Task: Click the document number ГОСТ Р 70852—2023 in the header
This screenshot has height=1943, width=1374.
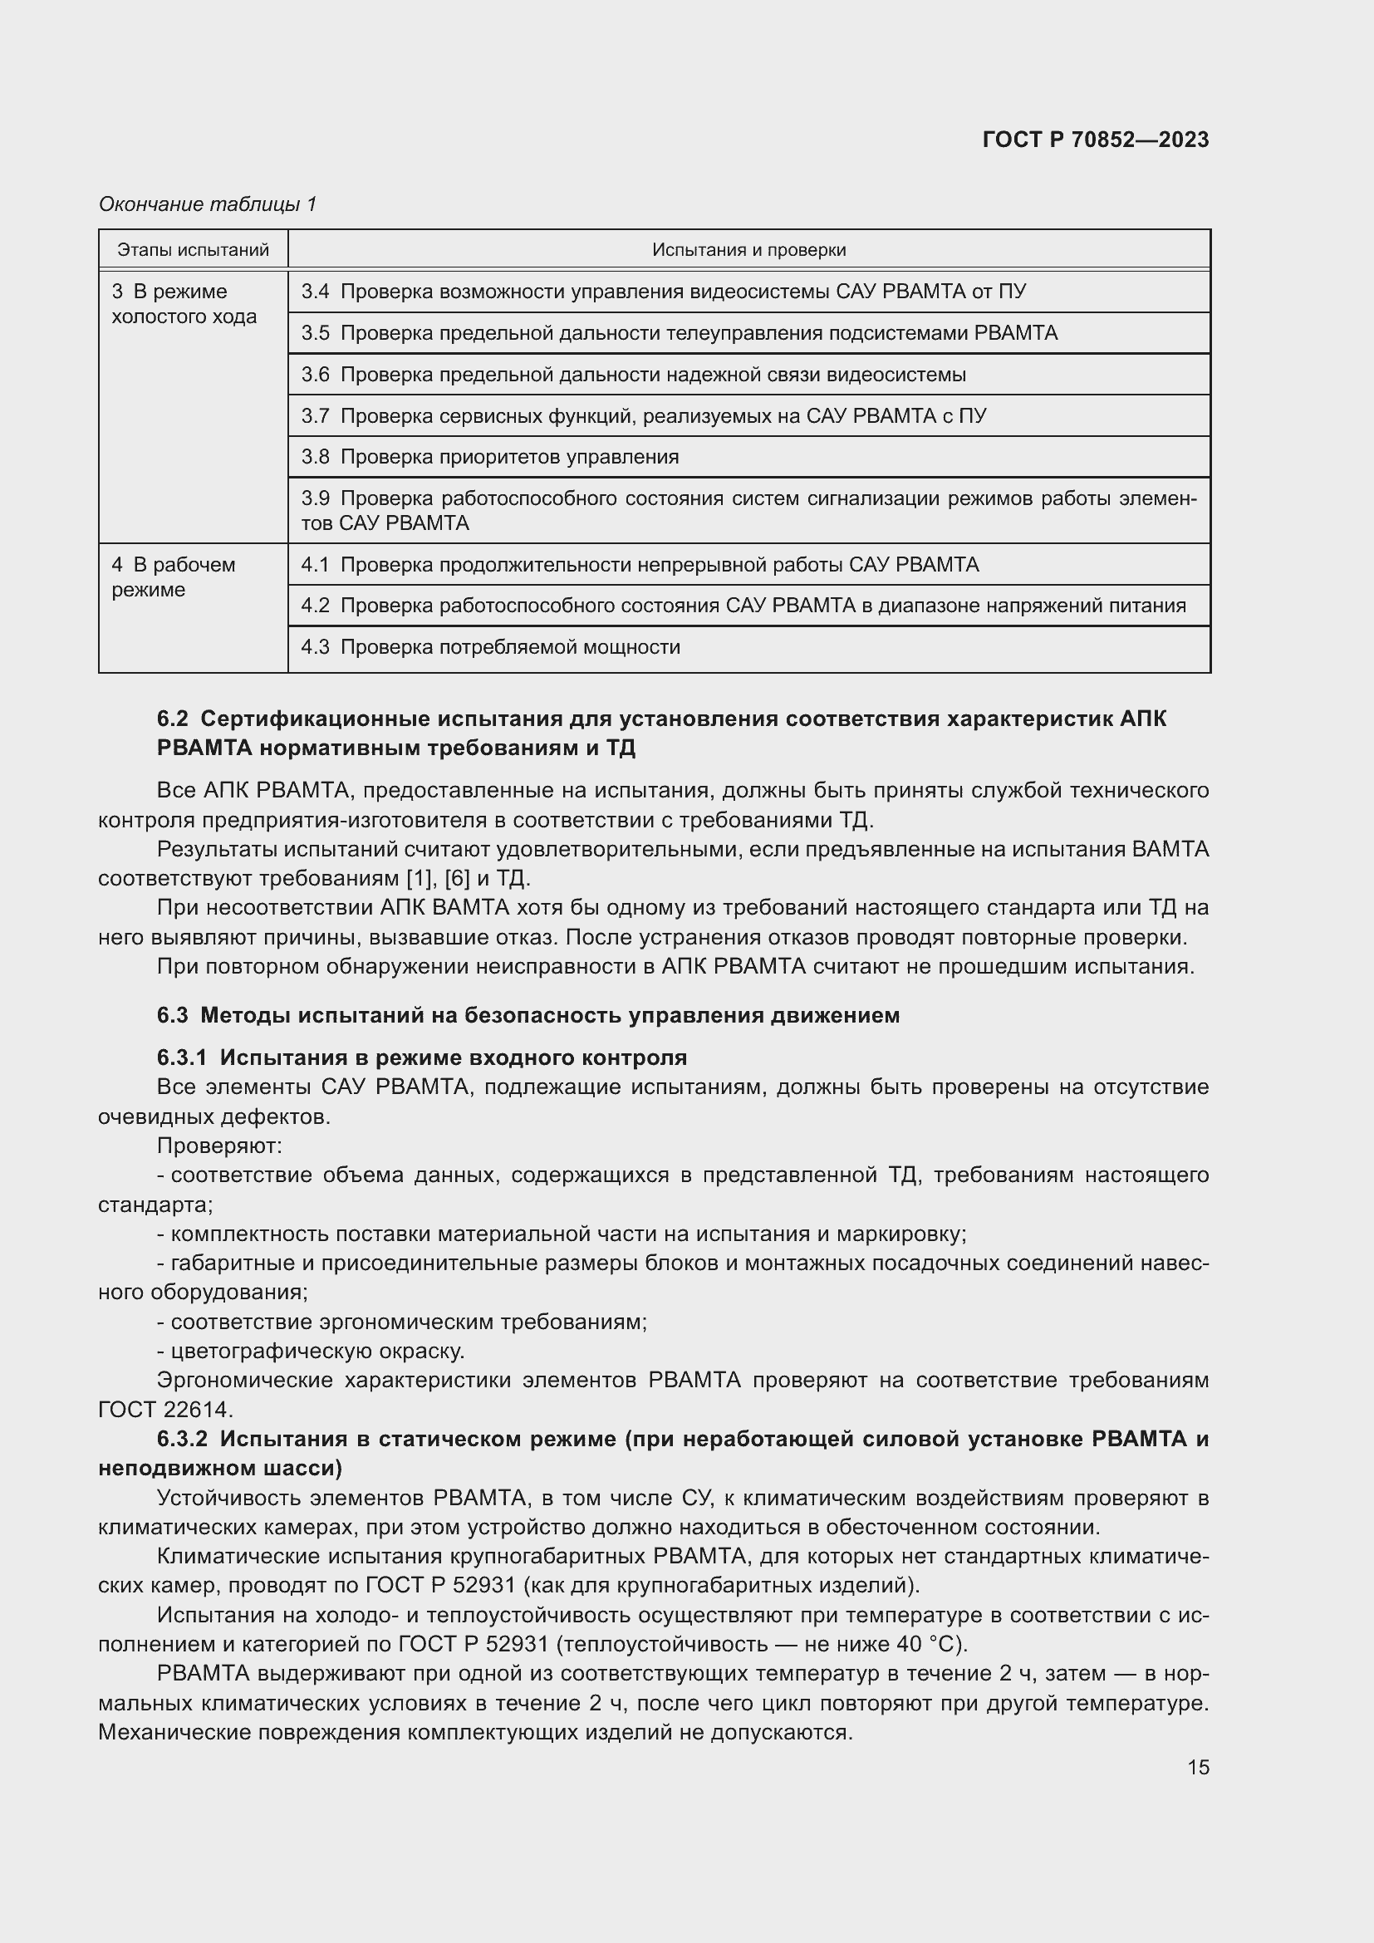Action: [1095, 140]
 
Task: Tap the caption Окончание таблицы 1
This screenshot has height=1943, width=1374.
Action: [208, 204]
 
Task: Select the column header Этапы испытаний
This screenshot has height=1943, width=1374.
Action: [193, 250]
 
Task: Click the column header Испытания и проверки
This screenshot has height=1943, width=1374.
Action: [748, 250]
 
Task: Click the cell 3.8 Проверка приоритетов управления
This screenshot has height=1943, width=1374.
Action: [490, 457]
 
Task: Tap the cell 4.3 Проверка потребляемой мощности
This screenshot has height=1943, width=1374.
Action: [491, 647]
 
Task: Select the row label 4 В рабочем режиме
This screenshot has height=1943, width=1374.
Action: [174, 577]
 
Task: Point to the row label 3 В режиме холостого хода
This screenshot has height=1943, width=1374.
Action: [184, 304]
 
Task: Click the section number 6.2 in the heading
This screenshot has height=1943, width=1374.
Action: [172, 719]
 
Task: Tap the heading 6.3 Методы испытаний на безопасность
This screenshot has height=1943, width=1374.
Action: [528, 1014]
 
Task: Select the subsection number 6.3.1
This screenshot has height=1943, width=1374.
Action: [181, 1057]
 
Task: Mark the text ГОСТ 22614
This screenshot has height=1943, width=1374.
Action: [165, 1409]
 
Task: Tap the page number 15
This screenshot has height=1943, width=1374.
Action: [1198, 1767]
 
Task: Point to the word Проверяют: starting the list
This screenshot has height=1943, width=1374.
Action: [219, 1146]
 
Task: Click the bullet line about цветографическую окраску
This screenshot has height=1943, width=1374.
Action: [311, 1351]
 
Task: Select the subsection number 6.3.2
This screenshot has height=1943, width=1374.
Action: [182, 1439]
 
